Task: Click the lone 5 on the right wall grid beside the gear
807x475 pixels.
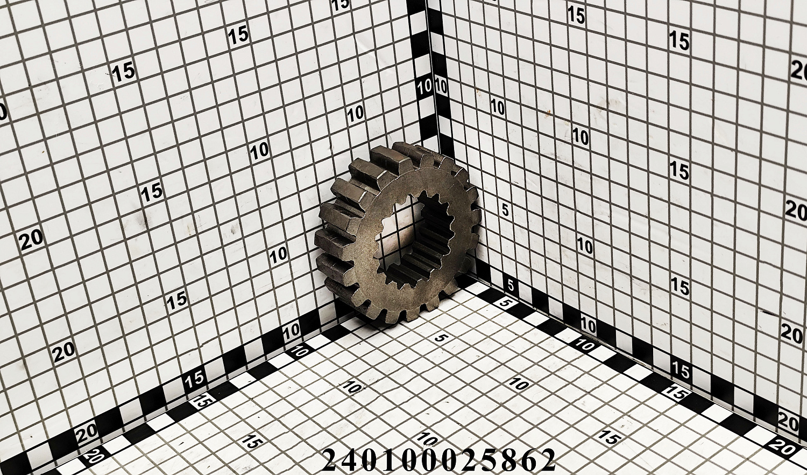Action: pyautogui.click(x=506, y=210)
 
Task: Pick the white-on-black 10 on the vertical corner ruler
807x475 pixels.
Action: pyautogui.click(x=424, y=87)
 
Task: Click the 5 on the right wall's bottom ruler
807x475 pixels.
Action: pyautogui.click(x=511, y=285)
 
